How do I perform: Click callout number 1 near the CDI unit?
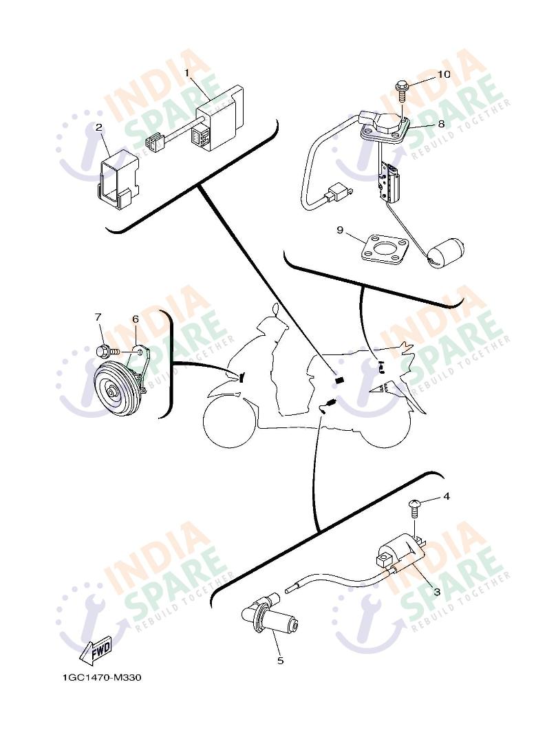(x=187, y=72)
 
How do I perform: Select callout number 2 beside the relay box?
(x=98, y=127)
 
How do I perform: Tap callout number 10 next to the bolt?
(x=444, y=74)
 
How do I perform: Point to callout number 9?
(x=340, y=230)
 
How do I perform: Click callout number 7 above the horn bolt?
(x=98, y=317)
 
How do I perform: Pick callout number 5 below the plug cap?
(x=280, y=661)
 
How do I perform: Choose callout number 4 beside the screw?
(x=447, y=496)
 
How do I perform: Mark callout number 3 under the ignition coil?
(x=437, y=592)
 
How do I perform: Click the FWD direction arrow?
(x=97, y=650)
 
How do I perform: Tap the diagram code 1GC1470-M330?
(x=102, y=677)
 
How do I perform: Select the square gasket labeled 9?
(x=383, y=248)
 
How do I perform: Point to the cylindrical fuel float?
(x=446, y=250)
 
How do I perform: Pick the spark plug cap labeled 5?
(x=269, y=618)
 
